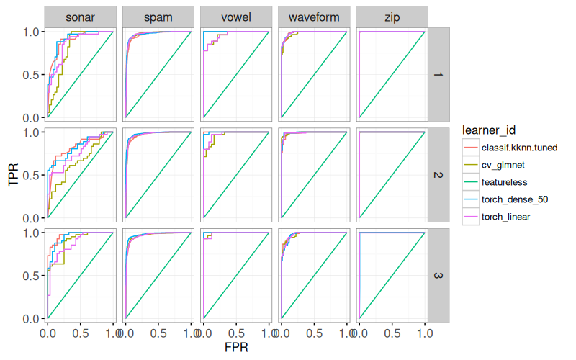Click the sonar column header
[80, 17]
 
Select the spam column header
[158, 17]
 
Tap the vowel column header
[235, 17]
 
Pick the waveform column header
[313, 17]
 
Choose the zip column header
[391, 17]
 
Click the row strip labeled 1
[439, 74]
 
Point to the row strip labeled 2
[439, 174]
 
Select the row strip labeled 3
[439, 275]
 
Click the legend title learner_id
[490, 129]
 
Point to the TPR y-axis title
[13, 175]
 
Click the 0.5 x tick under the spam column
[158, 333]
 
